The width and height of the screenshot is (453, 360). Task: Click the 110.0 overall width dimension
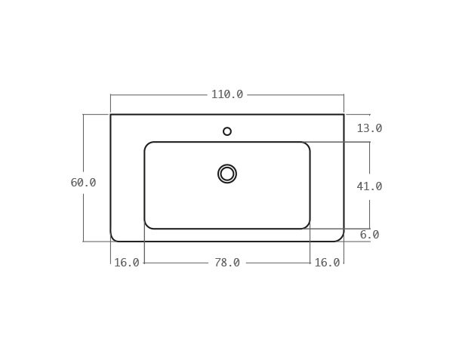coord(226,94)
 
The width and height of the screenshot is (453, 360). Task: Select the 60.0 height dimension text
coord(83,183)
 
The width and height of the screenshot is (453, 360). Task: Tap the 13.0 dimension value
coord(369,128)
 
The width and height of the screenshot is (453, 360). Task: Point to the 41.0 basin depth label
coord(369,186)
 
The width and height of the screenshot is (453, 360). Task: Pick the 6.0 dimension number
coord(369,235)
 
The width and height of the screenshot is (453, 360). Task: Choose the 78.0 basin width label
coord(226,263)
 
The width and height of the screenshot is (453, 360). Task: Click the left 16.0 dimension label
coord(127,263)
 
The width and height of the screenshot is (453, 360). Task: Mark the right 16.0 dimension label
coord(327,263)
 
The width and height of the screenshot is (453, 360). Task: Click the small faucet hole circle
coord(227,131)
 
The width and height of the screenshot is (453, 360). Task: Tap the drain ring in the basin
coord(227,174)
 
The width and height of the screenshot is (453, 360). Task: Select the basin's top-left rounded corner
coord(148,146)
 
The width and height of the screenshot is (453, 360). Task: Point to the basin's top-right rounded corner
coord(307,146)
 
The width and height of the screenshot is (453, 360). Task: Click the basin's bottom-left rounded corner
coord(148,225)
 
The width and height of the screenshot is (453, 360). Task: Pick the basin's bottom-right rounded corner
coord(307,225)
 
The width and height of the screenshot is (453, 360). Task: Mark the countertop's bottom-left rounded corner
coord(114,238)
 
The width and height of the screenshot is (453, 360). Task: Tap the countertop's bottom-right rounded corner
coord(341,238)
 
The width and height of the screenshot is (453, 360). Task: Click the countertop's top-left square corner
coord(111,115)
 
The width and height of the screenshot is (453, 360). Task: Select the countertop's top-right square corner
coord(344,115)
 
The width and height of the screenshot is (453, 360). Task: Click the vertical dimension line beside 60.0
coord(83,151)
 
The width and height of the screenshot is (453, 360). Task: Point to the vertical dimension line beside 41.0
coord(369,162)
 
